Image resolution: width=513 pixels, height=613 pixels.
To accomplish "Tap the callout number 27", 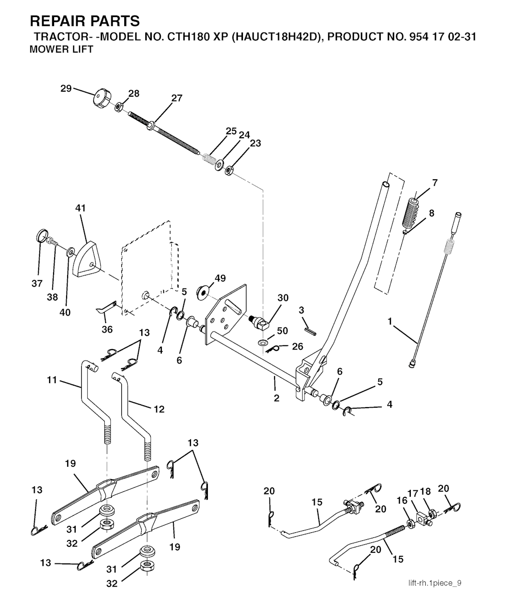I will click(x=177, y=98).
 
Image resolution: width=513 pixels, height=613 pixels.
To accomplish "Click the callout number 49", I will click(x=220, y=278).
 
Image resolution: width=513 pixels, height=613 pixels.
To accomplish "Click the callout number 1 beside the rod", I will click(x=390, y=321).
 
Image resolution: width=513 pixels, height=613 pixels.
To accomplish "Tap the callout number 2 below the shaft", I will click(x=276, y=398).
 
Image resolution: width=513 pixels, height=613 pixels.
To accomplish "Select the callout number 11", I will click(x=52, y=380).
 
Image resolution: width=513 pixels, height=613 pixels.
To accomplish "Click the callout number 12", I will click(x=159, y=409).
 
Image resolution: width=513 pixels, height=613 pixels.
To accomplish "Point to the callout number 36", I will click(x=107, y=330).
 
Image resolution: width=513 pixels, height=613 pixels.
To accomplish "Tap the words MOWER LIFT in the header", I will click(x=62, y=50).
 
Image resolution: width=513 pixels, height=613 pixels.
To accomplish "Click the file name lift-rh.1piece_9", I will click(x=434, y=583).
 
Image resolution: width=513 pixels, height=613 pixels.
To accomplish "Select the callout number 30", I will click(x=283, y=297).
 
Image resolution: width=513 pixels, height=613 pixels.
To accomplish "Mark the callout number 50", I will click(x=283, y=331).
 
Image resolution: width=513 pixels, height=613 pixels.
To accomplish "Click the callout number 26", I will click(x=298, y=346).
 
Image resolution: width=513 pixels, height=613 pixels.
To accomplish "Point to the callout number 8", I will click(x=431, y=213).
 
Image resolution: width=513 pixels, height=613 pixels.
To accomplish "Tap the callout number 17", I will click(x=412, y=493).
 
